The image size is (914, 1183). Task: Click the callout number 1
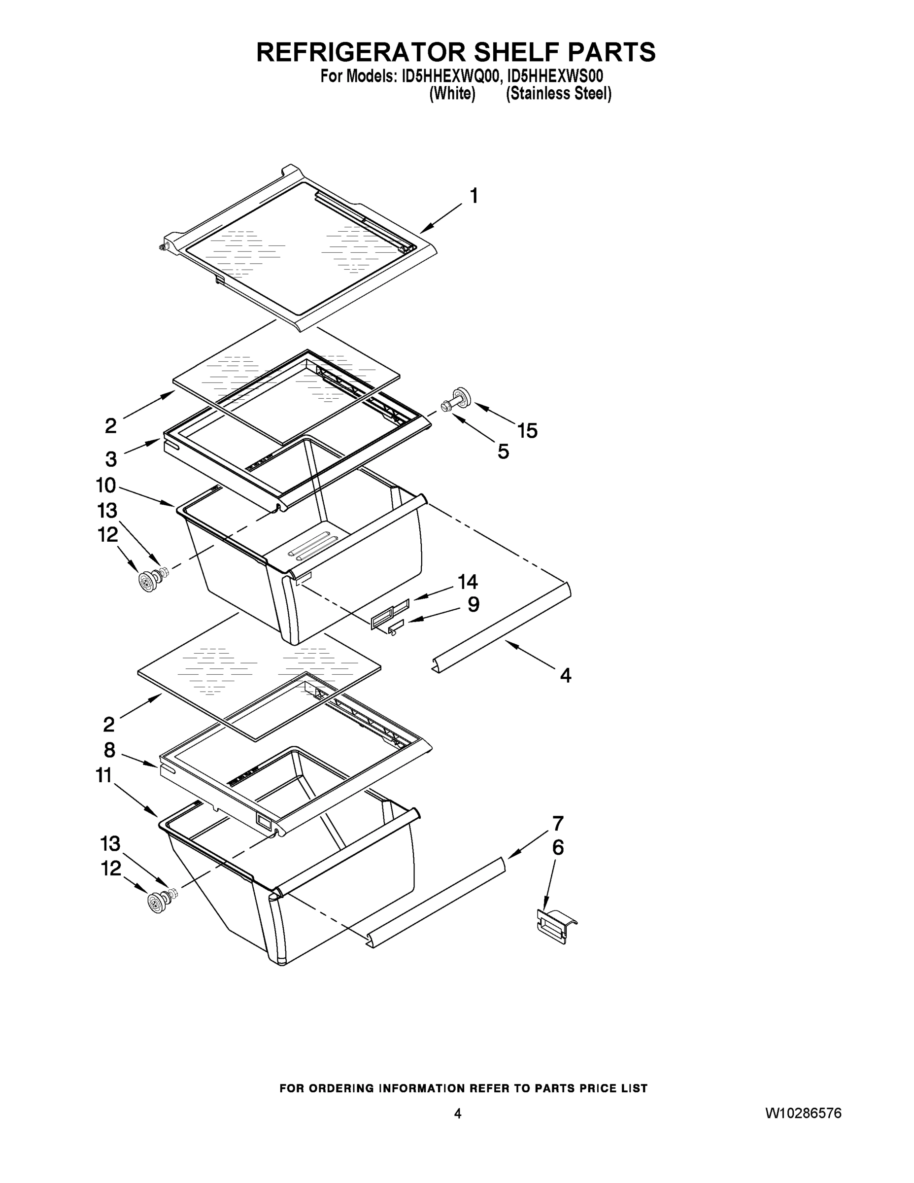(474, 196)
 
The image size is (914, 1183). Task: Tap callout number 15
(527, 431)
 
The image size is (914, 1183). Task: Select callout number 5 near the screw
(503, 452)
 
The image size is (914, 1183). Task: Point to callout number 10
(106, 486)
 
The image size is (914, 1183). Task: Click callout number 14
(468, 582)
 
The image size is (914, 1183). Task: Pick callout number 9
(473, 604)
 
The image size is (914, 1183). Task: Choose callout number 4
(565, 675)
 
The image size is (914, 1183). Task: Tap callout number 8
(109, 750)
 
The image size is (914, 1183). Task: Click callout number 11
(104, 776)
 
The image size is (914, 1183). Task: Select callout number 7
(558, 824)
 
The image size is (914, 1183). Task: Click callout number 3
(110, 459)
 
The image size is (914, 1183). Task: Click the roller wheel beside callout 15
(462, 397)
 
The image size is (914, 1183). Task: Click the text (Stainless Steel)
(558, 94)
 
